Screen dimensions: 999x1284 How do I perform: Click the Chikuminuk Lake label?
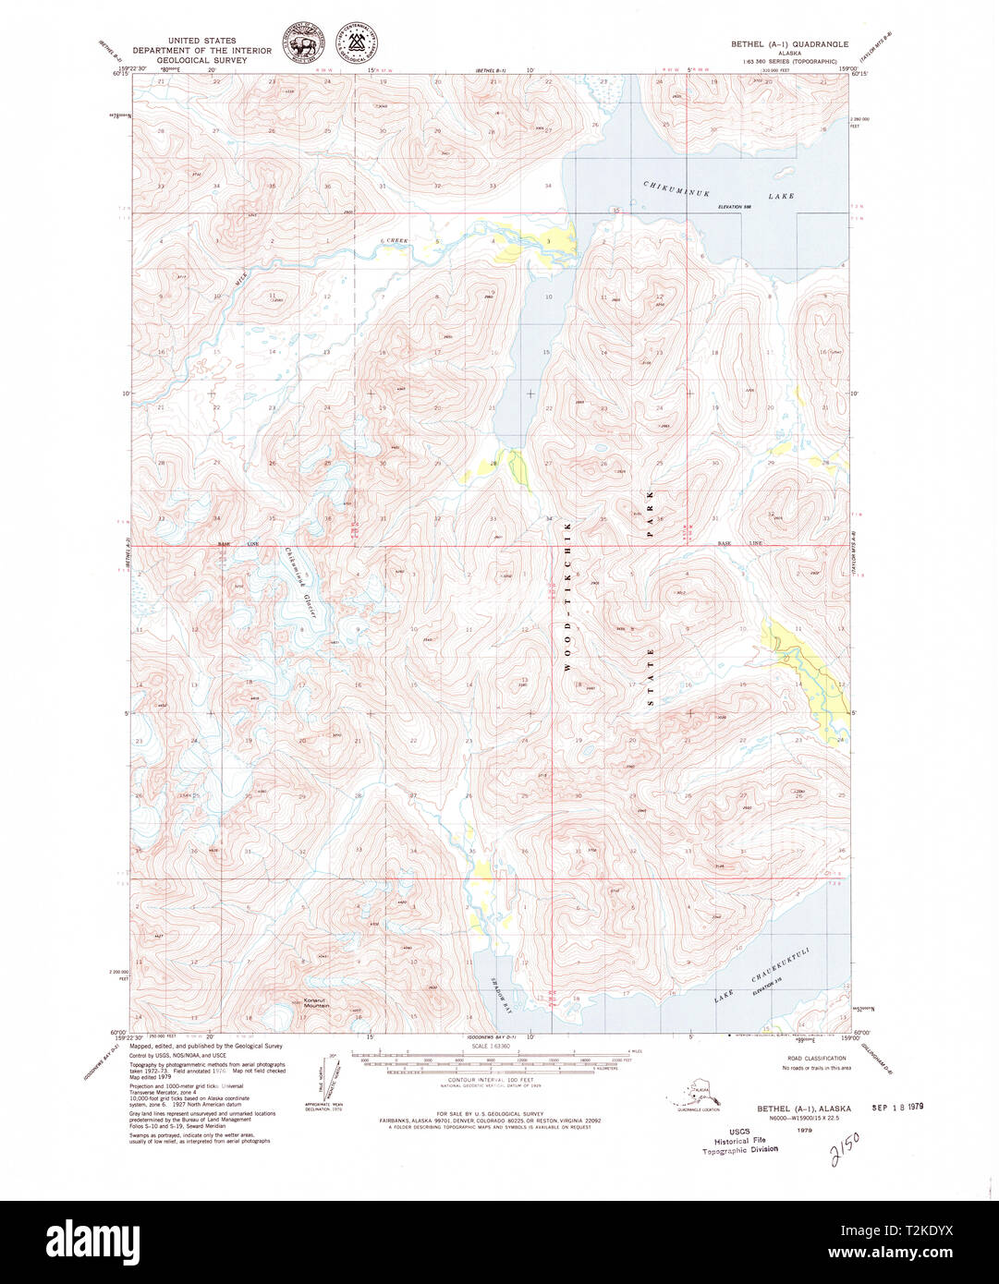point(718,190)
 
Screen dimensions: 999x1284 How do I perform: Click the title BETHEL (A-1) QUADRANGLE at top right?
point(788,43)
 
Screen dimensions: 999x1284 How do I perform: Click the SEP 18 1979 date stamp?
point(897,1106)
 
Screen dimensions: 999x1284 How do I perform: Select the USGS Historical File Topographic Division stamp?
point(739,1140)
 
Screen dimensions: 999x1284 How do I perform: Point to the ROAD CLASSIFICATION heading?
point(816,1058)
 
